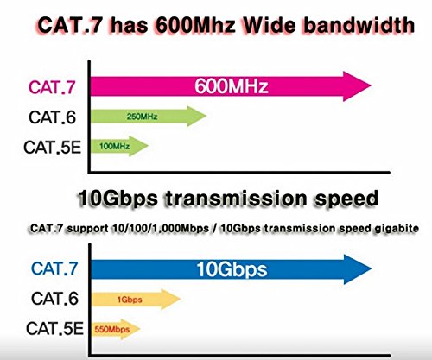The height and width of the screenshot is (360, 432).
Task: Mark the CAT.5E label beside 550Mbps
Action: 52,329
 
